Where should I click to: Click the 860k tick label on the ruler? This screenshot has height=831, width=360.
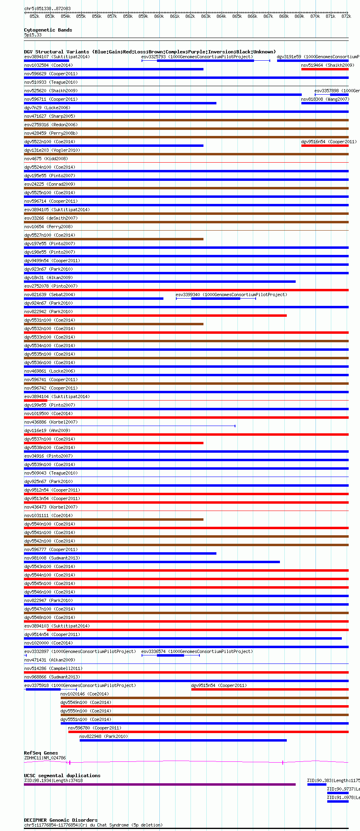[159, 16]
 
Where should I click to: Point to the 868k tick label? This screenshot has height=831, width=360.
[284, 16]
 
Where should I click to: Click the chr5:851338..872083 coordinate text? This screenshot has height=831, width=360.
[47, 8]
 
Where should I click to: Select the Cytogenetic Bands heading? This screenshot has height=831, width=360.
[48, 30]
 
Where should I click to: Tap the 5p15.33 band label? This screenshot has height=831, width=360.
[33, 35]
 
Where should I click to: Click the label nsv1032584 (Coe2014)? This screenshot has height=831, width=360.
[49, 65]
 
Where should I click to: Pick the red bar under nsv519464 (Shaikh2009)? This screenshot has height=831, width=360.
[324, 69]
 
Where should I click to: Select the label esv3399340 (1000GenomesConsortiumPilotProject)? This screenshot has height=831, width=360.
[231, 295]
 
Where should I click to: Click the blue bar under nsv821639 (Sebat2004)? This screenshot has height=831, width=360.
[93, 299]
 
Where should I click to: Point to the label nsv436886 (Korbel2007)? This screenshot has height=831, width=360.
[51, 422]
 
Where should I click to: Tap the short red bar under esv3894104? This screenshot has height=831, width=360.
[36, 401]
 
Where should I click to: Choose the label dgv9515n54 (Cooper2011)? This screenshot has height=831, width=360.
[219, 685]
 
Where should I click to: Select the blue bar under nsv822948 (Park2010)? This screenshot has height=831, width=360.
[183, 740]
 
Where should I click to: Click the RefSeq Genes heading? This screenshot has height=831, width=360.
[41, 753]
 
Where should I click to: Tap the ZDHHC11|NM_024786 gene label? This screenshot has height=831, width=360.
[45, 758]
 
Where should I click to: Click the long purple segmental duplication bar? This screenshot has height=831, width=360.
[159, 784]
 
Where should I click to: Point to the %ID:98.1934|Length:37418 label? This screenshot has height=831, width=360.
[53, 780]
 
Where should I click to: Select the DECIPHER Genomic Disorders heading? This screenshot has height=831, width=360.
[61, 820]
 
